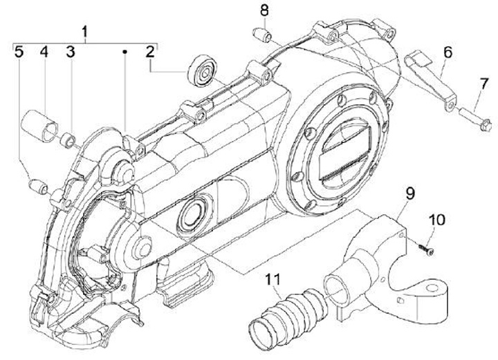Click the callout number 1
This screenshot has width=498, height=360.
pos(85,32)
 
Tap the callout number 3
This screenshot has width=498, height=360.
pos(71,52)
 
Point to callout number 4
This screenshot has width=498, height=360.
pos(44,52)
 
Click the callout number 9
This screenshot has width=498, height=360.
pos(410,194)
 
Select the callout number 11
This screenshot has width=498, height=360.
pos(273,279)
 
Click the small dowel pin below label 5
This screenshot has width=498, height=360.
pos(37,184)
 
